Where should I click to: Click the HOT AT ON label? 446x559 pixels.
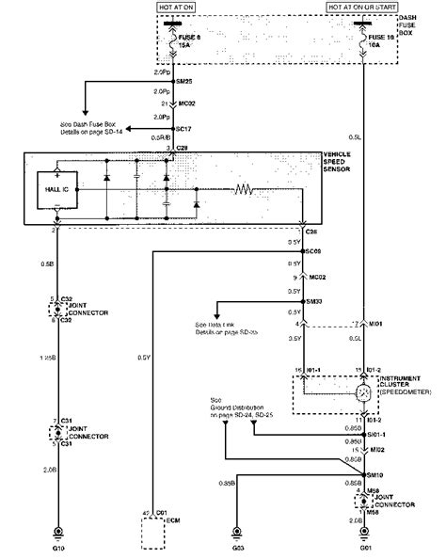coord(176,7)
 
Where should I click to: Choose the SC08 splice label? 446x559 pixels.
coord(312,252)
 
